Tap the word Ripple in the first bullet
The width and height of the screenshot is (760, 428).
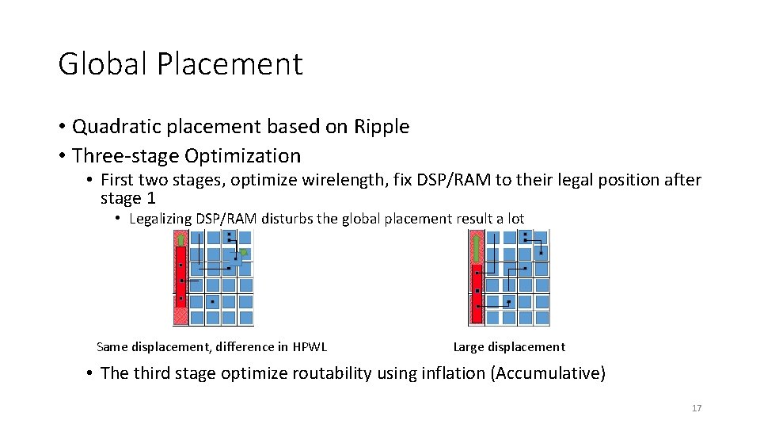tap(382, 127)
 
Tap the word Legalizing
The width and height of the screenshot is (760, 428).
tap(161, 219)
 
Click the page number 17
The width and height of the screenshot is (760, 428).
tap(697, 408)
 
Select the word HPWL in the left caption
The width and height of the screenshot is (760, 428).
tap(310, 346)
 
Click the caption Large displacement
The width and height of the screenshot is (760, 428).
tap(509, 346)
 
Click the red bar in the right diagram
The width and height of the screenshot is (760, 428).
tap(477, 293)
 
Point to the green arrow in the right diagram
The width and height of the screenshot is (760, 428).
tap(477, 247)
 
